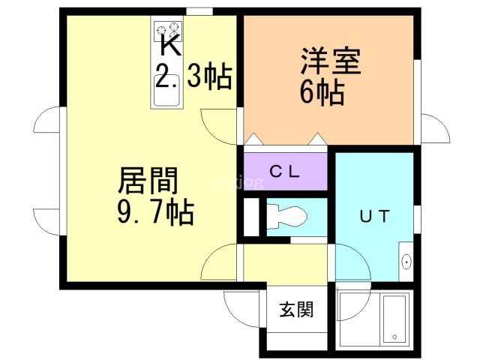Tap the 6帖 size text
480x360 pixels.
(x=322, y=93)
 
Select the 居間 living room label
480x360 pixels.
(x=148, y=181)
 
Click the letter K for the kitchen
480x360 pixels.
(x=170, y=46)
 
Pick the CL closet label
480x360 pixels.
(x=285, y=171)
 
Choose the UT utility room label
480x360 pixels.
(x=374, y=217)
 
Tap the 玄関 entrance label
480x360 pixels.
(x=296, y=308)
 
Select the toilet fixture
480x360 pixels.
(x=288, y=216)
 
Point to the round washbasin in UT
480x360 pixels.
(x=406, y=262)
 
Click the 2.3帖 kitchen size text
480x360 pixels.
(x=193, y=77)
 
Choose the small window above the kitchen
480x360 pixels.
(x=198, y=10)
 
